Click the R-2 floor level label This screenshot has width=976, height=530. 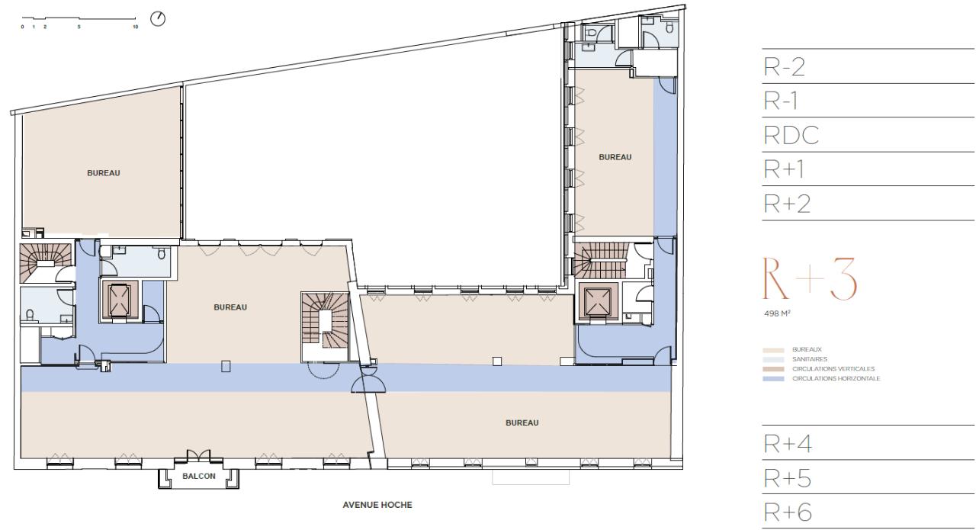tap(785, 68)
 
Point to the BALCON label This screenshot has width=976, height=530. tap(199, 476)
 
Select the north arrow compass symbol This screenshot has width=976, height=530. tap(158, 18)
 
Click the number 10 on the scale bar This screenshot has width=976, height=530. tap(135, 27)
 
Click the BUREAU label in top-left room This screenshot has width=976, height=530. tap(104, 172)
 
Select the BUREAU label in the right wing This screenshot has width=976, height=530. tap(615, 157)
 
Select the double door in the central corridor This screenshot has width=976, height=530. tap(368, 380)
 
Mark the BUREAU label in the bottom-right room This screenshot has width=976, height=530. tap(522, 422)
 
